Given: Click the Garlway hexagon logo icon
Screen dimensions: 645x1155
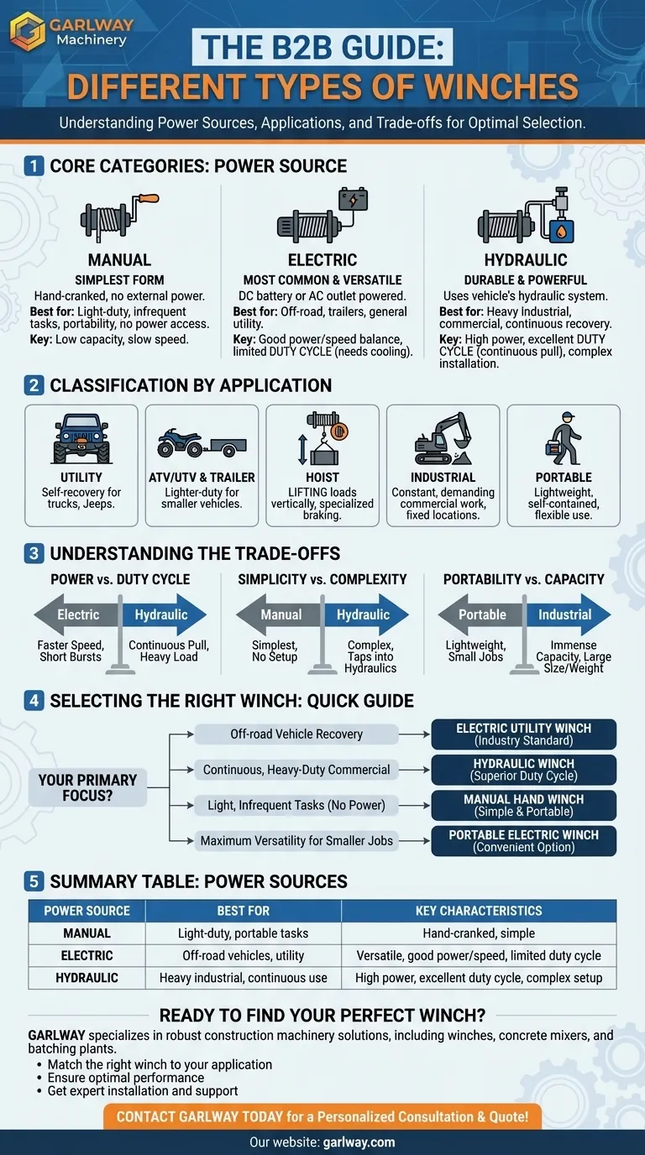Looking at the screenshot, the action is pyautogui.click(x=27, y=31).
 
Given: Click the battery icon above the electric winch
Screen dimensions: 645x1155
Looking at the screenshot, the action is pyautogui.click(x=353, y=200).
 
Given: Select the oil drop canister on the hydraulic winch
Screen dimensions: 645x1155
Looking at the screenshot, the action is pyautogui.click(x=561, y=231).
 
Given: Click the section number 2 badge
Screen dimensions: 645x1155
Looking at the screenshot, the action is pyautogui.click(x=34, y=385).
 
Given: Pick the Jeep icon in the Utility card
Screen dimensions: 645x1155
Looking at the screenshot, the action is pyautogui.click(x=81, y=438).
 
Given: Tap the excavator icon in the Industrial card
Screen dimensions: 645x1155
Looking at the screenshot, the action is pyautogui.click(x=443, y=439).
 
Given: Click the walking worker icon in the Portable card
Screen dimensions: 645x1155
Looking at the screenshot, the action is pyautogui.click(x=563, y=438).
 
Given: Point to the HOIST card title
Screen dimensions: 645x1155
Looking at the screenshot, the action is pyautogui.click(x=322, y=478).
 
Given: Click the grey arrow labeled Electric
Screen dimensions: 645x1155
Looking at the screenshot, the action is pyautogui.click(x=77, y=614).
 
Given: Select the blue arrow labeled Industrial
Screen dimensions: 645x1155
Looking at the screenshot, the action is pyautogui.click(x=569, y=614).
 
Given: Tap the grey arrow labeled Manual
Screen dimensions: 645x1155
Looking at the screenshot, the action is pyautogui.click(x=279, y=614).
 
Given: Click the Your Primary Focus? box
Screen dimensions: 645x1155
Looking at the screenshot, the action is pyautogui.click(x=87, y=787).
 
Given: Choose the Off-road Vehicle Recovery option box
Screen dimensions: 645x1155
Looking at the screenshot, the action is pyautogui.click(x=296, y=734).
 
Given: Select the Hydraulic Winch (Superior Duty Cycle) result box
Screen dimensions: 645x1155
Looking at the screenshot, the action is pyautogui.click(x=524, y=770).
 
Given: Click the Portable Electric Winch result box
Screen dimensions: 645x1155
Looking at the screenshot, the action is pyautogui.click(x=524, y=841).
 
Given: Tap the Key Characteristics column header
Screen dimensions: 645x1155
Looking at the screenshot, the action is pyautogui.click(x=479, y=911).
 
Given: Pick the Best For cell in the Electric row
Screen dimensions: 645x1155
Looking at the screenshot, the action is pyautogui.click(x=243, y=955).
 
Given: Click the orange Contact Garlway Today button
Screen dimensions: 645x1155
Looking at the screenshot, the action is pyautogui.click(x=322, y=1117).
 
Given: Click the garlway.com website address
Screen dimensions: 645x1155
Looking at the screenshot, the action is pyautogui.click(x=359, y=1142).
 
